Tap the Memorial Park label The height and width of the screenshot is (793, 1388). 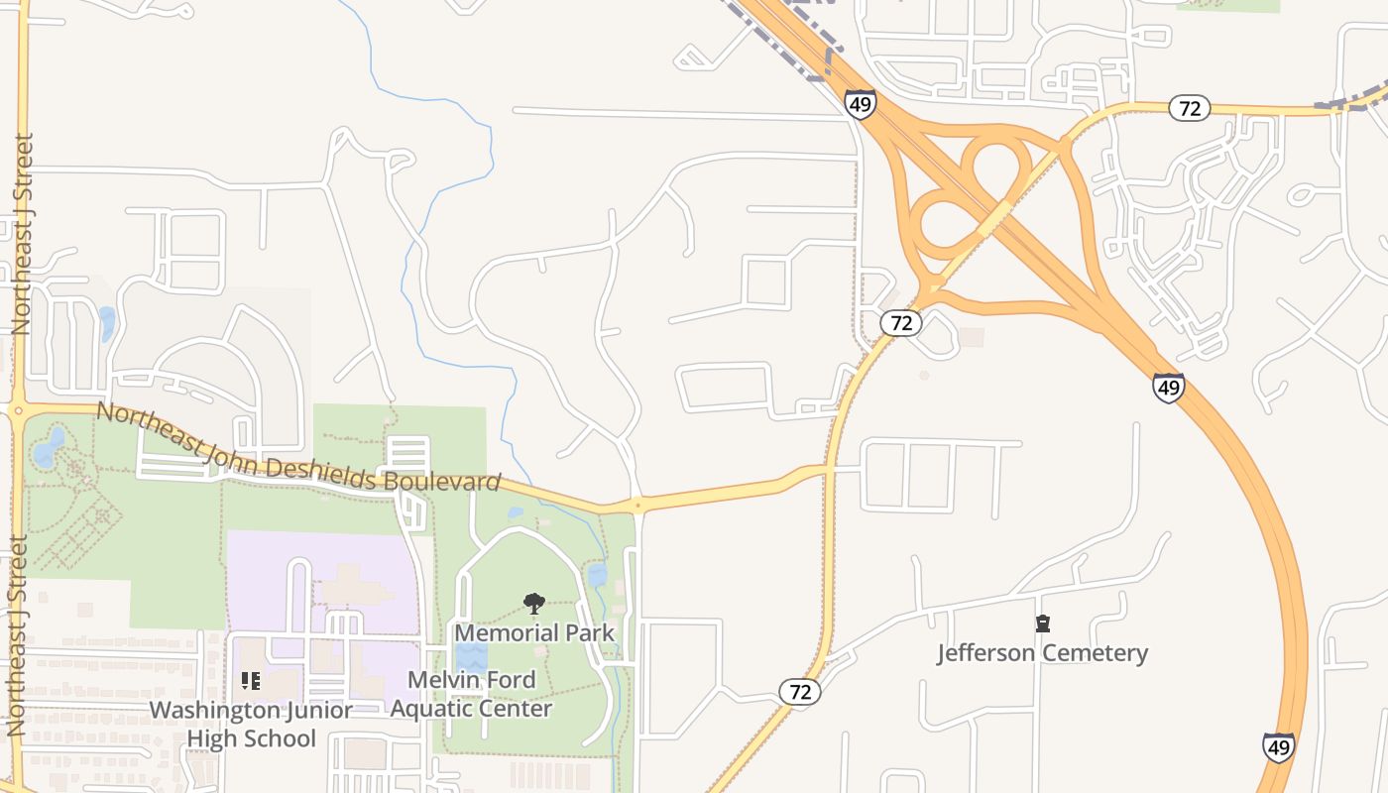pos(534,632)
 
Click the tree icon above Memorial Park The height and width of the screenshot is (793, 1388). pos(534,603)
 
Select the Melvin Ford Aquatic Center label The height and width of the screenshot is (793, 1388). pos(471,694)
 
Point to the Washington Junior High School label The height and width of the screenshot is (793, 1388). pos(251,725)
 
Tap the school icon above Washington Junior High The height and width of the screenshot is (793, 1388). pos(251,681)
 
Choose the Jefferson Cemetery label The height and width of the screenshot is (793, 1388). pos(1042,653)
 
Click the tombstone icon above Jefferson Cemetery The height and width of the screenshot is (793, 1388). pos(1042,623)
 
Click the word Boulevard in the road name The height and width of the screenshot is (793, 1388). pos(441,481)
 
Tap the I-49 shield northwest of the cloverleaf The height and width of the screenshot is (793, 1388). pos(861,103)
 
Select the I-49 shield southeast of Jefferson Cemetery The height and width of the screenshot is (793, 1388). pos(1278,746)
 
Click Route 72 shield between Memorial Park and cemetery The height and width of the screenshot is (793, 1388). pos(799,691)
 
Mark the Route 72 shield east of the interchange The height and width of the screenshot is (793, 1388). pos(1190,107)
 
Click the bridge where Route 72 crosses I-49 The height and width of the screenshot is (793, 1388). pos(993,219)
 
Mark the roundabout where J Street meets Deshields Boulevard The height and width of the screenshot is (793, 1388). pos(19,408)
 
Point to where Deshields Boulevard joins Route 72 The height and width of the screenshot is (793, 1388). pos(828,467)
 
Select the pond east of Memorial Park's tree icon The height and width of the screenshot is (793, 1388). pos(597,575)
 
